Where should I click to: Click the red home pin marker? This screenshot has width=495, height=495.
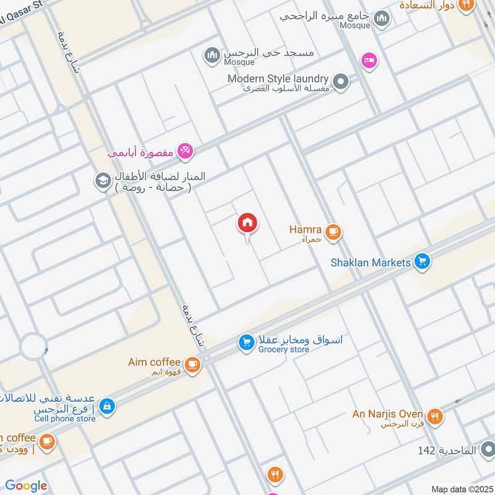tap(247, 223)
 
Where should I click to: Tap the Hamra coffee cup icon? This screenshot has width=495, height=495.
tap(334, 232)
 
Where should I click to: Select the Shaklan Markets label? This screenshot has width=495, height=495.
tap(371, 262)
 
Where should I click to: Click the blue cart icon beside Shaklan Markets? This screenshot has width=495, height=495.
tap(423, 262)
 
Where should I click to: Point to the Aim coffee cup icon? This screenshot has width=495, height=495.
tap(192, 364)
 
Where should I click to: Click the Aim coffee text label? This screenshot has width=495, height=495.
tap(154, 362)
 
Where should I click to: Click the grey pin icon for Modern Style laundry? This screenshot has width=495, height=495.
tap(340, 81)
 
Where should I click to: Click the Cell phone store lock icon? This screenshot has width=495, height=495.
tap(107, 406)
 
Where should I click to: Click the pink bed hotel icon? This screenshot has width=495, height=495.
tap(369, 60)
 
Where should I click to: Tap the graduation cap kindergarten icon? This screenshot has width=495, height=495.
tap(101, 181)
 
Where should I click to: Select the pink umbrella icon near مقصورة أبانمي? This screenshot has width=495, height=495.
tap(185, 150)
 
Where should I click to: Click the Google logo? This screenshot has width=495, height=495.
tap(26, 486)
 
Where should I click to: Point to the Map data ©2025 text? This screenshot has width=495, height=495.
tap(461, 489)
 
